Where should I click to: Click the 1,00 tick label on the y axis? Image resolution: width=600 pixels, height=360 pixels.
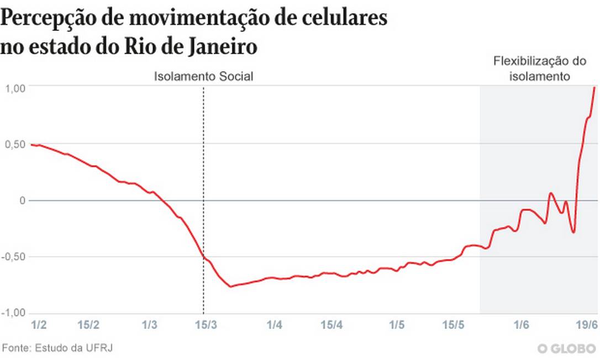[x=16, y=87]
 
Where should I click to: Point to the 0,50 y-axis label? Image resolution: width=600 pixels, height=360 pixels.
[x=16, y=144]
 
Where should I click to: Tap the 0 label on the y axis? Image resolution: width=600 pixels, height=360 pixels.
[x=23, y=200]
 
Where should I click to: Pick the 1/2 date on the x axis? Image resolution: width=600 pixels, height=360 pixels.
[x=39, y=325]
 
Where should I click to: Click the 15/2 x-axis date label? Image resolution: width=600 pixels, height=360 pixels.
[x=89, y=325]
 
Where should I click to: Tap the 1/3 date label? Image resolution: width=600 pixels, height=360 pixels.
[x=149, y=325]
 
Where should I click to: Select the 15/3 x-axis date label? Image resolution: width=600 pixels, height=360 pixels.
[x=206, y=325]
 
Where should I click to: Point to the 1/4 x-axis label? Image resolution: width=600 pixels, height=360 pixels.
[x=274, y=325]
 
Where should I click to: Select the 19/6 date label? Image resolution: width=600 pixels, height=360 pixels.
[x=587, y=325]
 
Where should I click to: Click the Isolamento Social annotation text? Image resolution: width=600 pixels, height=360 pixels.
[x=203, y=77]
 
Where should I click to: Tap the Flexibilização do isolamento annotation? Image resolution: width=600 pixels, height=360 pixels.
[x=539, y=68]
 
